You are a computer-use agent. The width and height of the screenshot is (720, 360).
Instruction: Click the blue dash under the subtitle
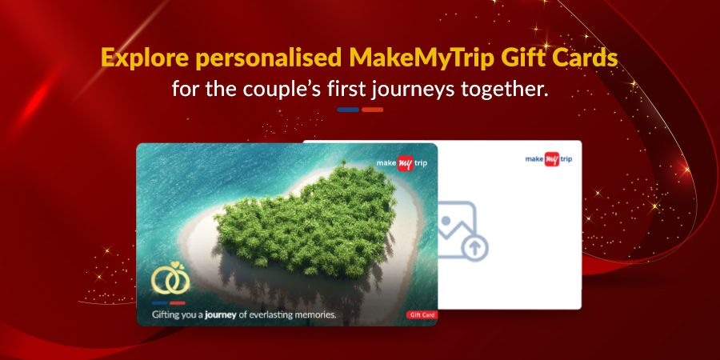point(348,110)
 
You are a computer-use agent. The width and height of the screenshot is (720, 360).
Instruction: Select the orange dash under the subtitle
point(372,110)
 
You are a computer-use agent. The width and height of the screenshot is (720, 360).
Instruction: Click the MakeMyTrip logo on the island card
point(402,163)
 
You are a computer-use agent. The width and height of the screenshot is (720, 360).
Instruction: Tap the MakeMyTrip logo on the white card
point(549,159)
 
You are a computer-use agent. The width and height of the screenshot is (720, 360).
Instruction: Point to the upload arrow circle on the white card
point(474,248)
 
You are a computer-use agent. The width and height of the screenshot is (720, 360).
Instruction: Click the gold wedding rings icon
point(170,278)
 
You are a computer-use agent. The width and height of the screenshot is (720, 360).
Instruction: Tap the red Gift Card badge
point(422,315)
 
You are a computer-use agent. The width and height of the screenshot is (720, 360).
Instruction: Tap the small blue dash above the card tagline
point(159,302)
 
